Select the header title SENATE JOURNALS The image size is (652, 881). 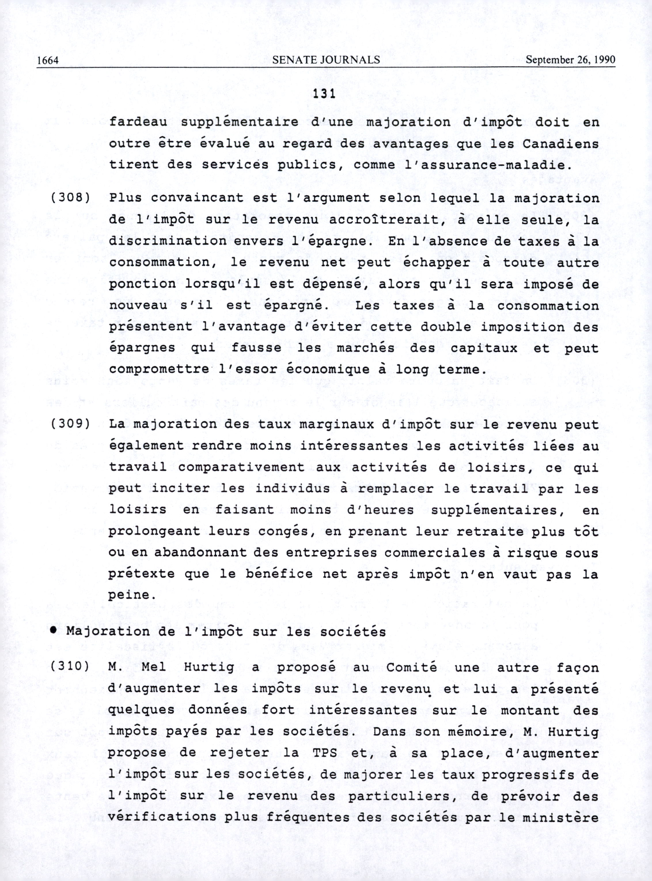tap(326, 60)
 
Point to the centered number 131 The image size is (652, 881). tap(324, 94)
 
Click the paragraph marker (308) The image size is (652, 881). tap(69, 198)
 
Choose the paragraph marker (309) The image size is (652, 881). tap(69, 424)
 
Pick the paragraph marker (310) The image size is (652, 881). tap(69, 668)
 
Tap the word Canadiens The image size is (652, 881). tap(561, 144)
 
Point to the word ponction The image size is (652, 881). tap(142, 284)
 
